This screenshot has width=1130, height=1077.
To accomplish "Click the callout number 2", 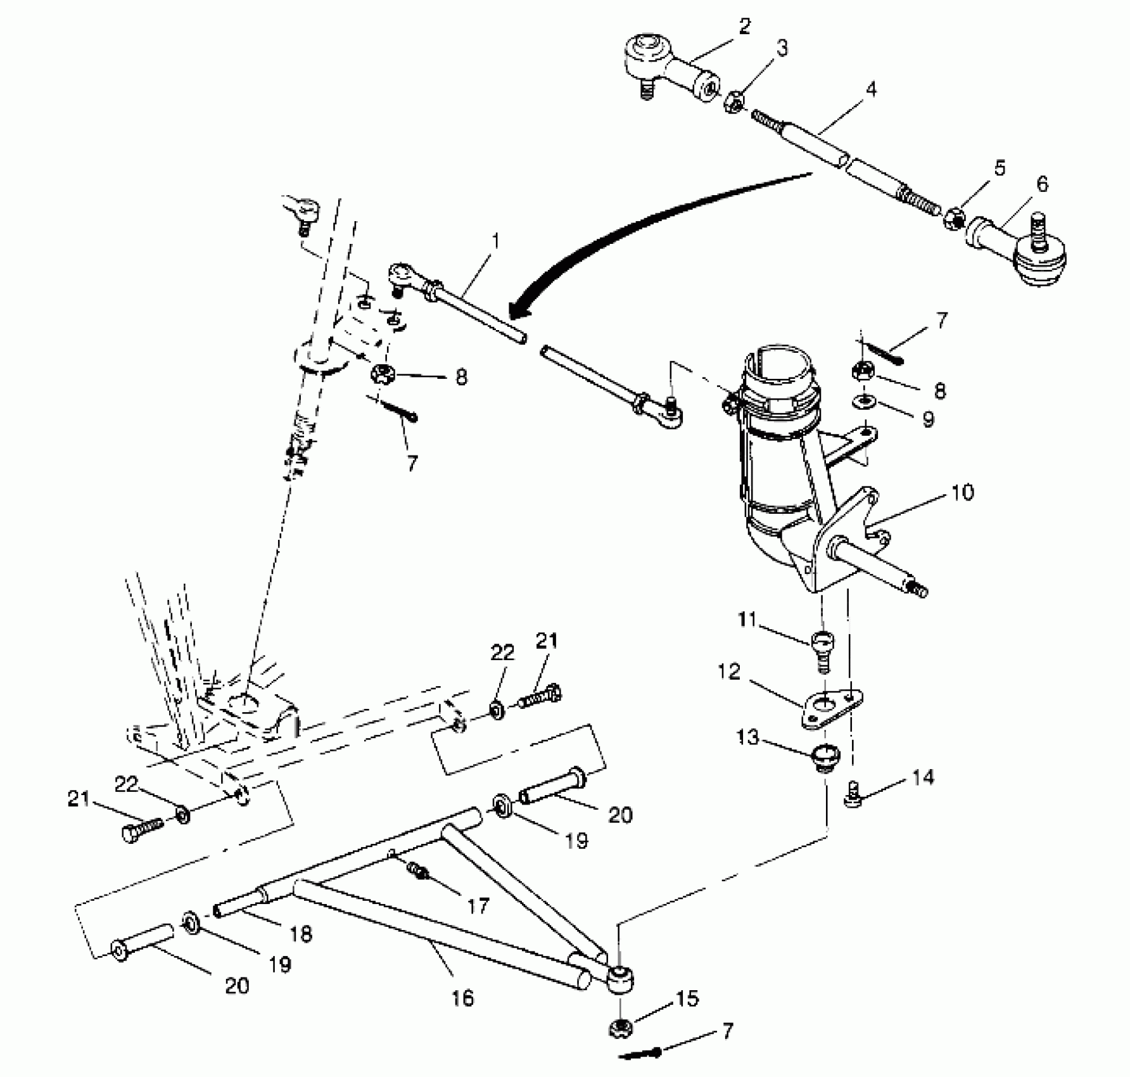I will tap(744, 26).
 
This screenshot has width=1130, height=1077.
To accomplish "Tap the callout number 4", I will tap(871, 89).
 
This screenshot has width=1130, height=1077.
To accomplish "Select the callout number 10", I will tap(962, 492).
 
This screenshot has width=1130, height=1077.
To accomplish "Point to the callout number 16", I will tap(464, 998).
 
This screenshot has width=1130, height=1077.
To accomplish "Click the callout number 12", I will tap(730, 672).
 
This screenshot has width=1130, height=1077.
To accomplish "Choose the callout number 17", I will tap(478, 907).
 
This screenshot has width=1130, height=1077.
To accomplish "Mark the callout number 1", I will tap(496, 241).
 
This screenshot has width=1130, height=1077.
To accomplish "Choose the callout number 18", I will tap(301, 934).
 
